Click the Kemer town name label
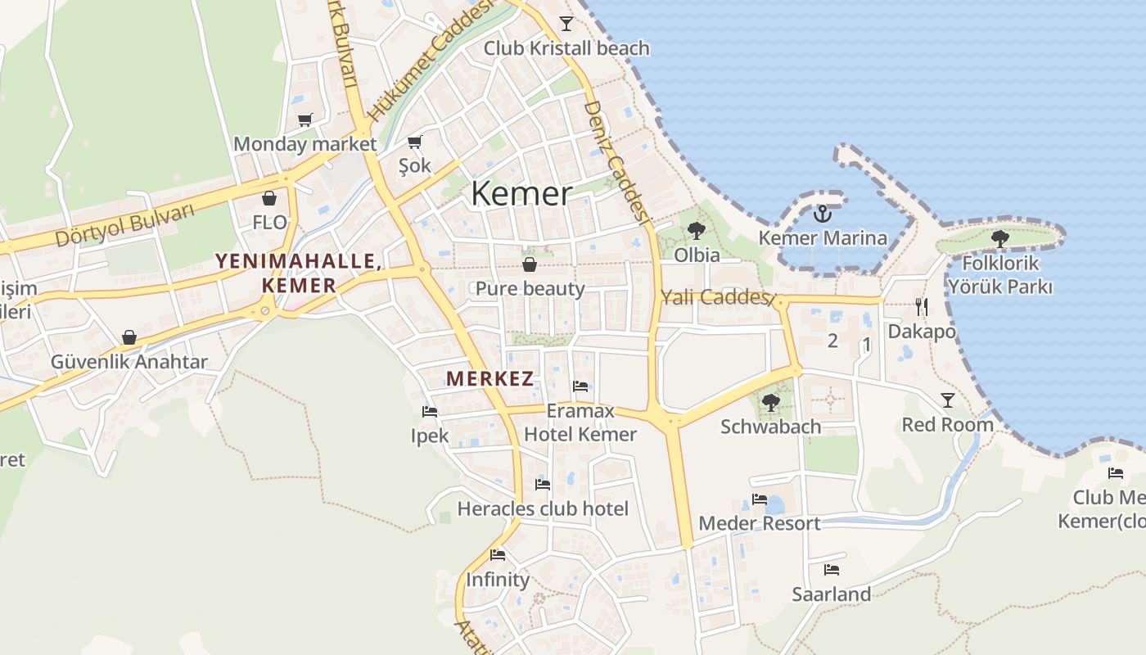click(521, 194)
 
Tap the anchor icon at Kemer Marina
click(823, 215)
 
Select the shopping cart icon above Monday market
click(305, 120)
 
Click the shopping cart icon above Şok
click(415, 142)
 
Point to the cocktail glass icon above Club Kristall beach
click(566, 23)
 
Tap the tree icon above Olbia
click(697, 231)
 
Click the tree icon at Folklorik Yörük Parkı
click(999, 239)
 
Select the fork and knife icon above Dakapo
click(922, 307)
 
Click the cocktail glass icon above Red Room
click(948, 400)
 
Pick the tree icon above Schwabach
click(770, 402)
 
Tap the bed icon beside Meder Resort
click(760, 499)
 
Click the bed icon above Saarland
click(832, 570)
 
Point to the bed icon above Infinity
click(498, 555)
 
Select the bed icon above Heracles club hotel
click(543, 485)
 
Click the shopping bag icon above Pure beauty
click(530, 264)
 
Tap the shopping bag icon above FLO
click(269, 198)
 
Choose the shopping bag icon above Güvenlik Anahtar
click(129, 337)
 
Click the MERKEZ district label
click(490, 379)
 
